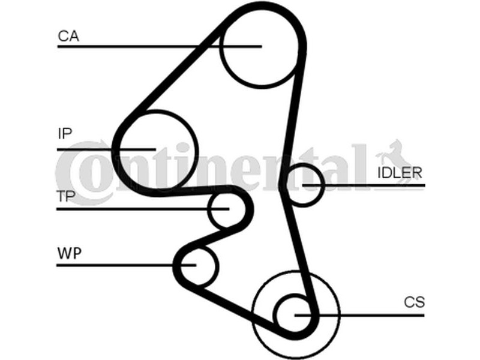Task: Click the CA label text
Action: (x=68, y=36)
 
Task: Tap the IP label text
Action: (x=65, y=133)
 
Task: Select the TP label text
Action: (x=66, y=196)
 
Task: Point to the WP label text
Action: (x=70, y=253)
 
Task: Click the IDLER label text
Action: (x=400, y=173)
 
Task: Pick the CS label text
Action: (x=414, y=302)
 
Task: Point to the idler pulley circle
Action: (x=322, y=185)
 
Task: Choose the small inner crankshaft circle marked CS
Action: (x=277, y=314)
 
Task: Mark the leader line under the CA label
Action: (x=160, y=47)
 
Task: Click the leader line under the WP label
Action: (x=126, y=265)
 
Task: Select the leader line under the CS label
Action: (x=359, y=315)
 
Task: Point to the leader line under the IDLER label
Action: (x=364, y=185)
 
